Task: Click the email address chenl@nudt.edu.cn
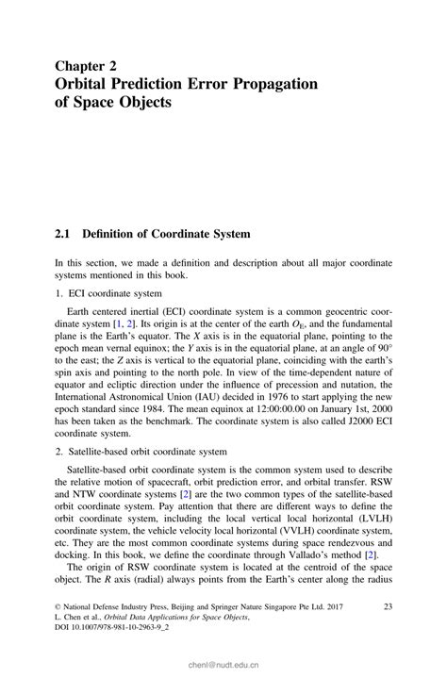pyautogui.click(x=223, y=663)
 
